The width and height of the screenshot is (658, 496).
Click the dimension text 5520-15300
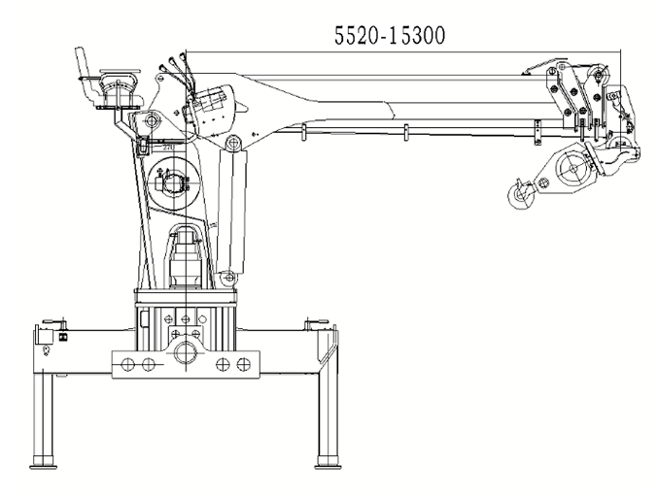pos(388,37)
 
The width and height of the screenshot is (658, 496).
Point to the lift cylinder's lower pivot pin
pos(229,278)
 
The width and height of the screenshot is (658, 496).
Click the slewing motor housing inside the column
pos(185,257)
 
